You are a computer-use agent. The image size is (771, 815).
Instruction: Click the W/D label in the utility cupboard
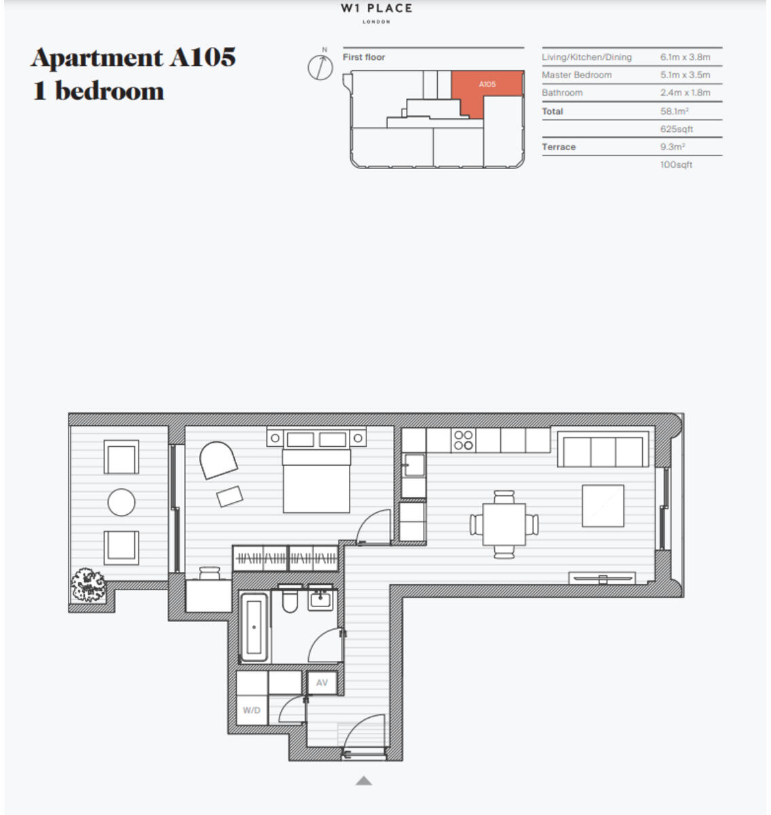(252, 710)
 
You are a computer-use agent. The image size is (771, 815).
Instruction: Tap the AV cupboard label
(322, 683)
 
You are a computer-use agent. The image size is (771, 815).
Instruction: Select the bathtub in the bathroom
(254, 627)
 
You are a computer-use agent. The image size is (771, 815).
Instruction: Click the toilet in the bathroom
(290, 599)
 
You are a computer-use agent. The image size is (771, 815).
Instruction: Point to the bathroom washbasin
(320, 598)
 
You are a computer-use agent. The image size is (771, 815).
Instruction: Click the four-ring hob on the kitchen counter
(464, 440)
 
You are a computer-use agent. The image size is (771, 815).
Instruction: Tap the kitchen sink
(413, 465)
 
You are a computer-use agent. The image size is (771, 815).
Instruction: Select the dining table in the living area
(504, 524)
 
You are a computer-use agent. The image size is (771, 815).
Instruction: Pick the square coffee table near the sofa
(603, 505)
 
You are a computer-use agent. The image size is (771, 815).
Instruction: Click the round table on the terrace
(121, 503)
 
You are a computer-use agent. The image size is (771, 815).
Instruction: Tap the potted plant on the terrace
(88, 585)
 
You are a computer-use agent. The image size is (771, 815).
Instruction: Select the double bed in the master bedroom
(316, 479)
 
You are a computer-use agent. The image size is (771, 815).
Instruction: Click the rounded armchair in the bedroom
(218, 460)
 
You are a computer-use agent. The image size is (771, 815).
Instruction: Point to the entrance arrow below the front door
(364, 781)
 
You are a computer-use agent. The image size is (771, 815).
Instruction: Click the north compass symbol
(320, 67)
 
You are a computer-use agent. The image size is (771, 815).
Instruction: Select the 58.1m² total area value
(675, 111)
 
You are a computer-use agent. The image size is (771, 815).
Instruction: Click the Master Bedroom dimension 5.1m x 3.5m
(685, 75)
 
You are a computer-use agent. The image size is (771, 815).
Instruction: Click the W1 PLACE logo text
(377, 9)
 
